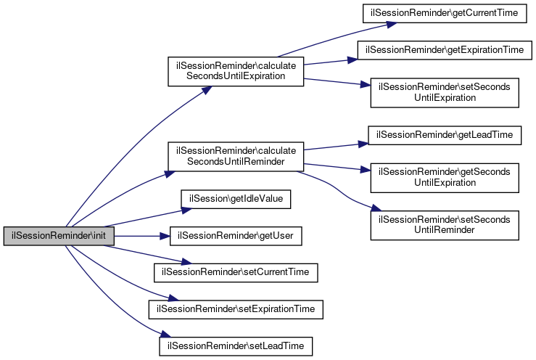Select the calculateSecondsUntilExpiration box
click(235, 71)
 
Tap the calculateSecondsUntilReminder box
click(235, 155)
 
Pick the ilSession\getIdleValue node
click(236, 197)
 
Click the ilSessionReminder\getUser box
click(236, 236)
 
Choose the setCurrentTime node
click(236, 271)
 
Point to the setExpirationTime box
click(236, 308)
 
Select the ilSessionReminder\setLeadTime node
click(236, 346)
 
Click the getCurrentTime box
click(445, 14)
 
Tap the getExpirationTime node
click(445, 50)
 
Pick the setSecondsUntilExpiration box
click(445, 92)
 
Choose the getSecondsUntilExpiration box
click(445, 176)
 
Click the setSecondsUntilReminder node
click(445, 224)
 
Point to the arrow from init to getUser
click(141, 236)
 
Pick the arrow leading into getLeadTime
click(334, 147)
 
